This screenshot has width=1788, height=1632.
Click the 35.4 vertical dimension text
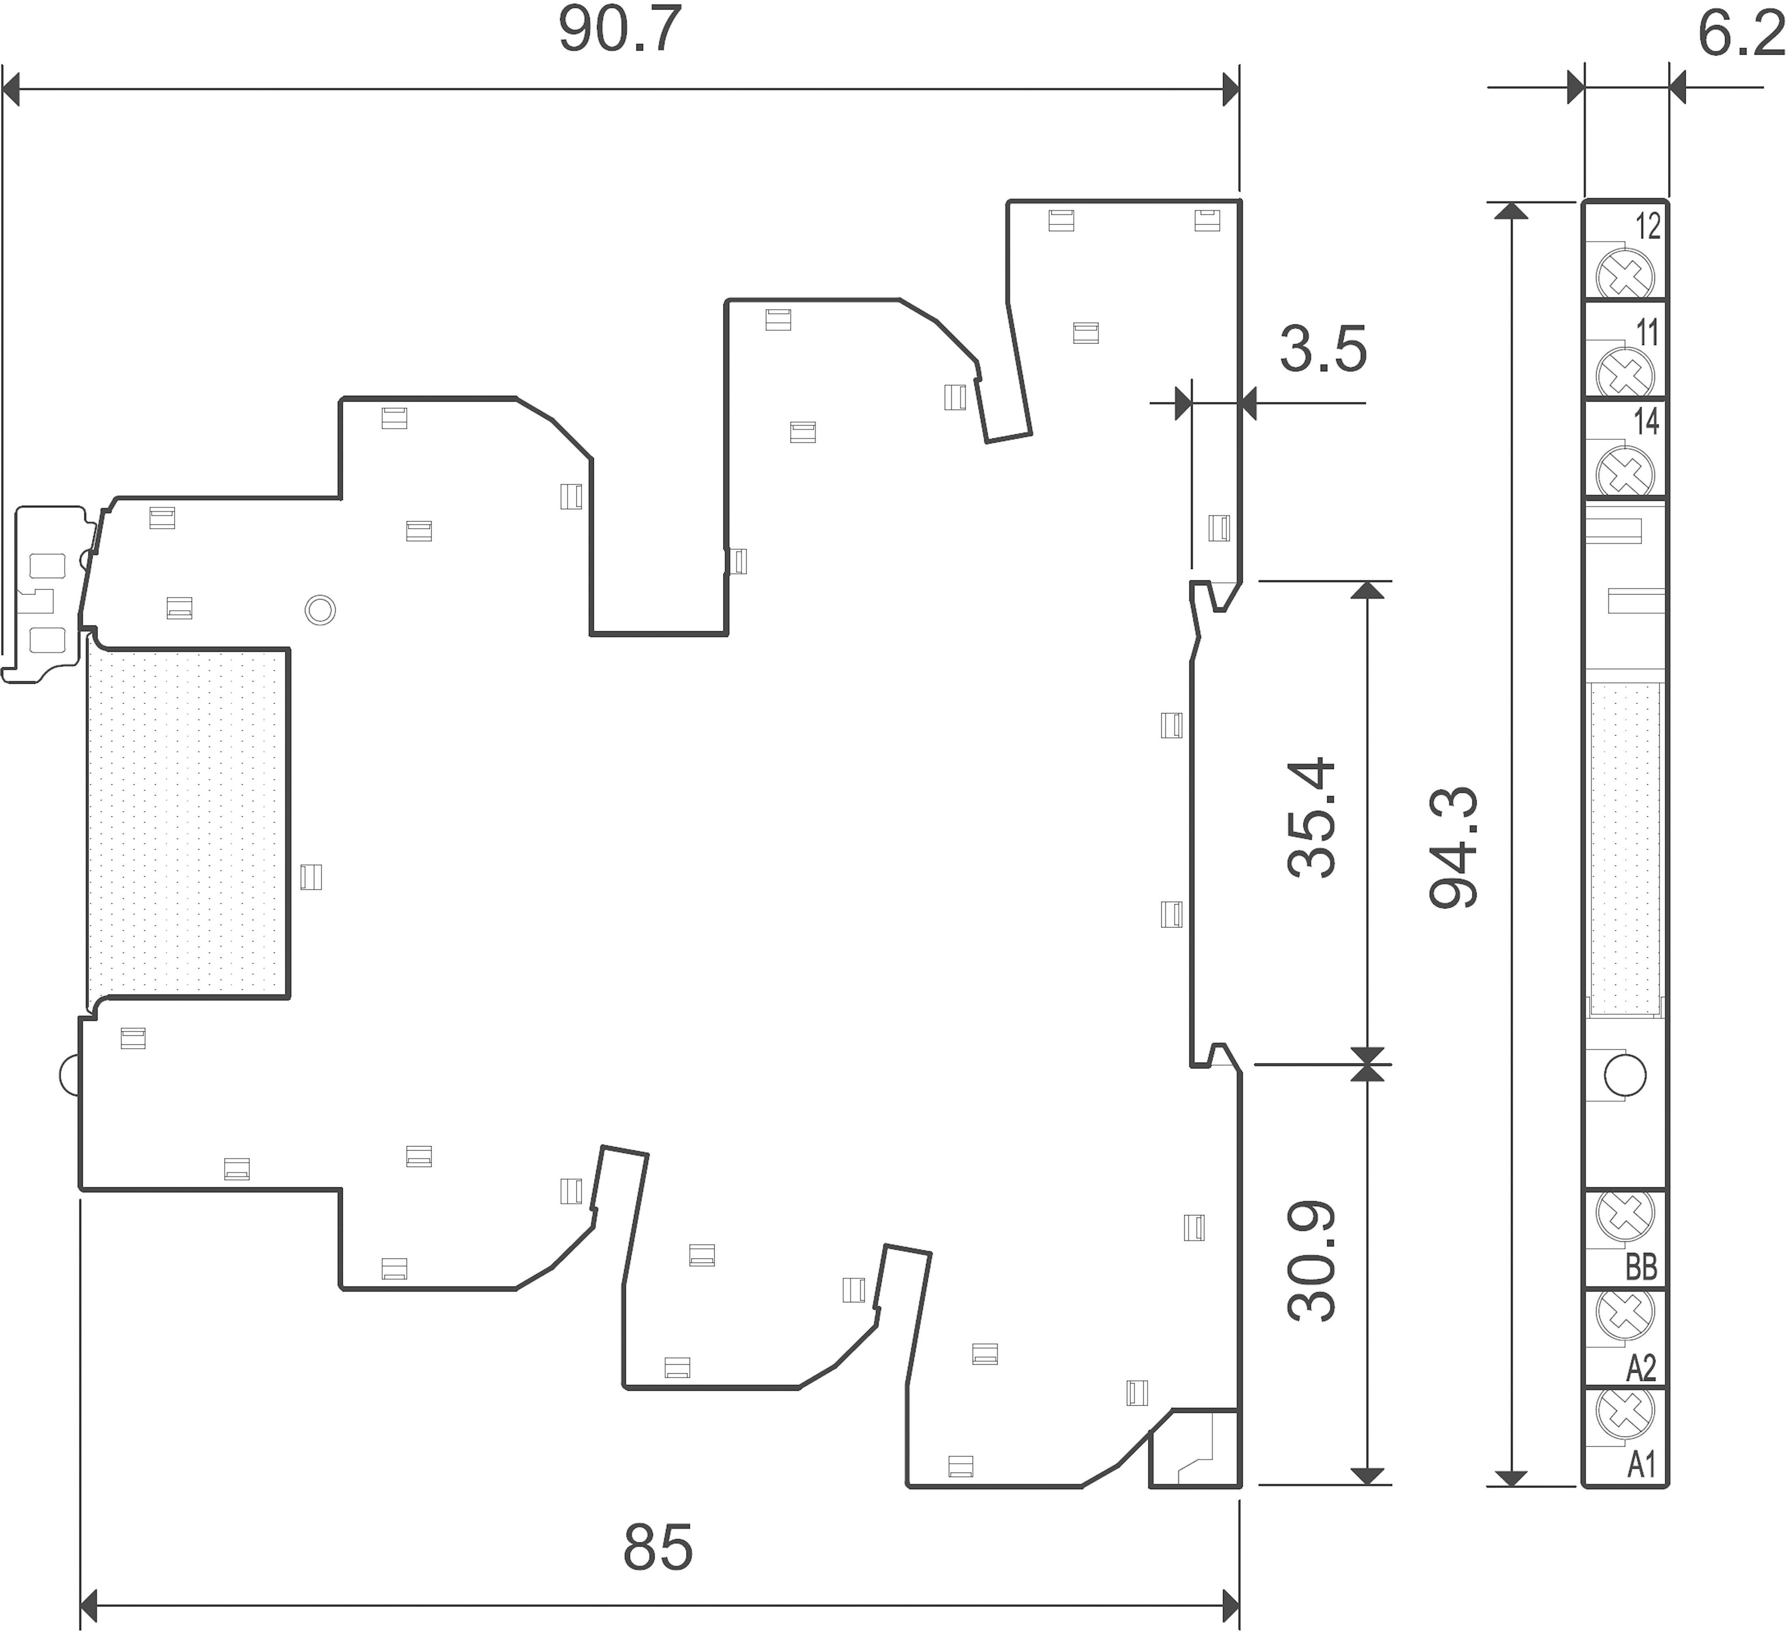(1311, 818)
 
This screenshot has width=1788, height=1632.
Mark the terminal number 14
(1646, 421)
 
